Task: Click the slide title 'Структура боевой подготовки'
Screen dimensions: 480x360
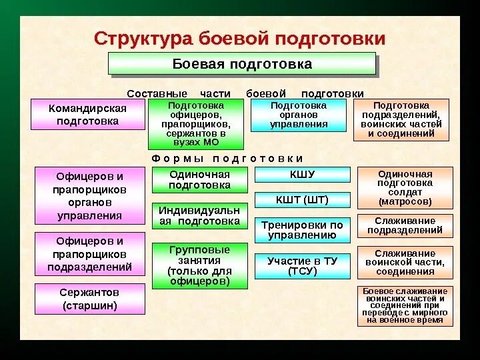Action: click(239, 37)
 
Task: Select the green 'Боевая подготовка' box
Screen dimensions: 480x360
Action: click(242, 64)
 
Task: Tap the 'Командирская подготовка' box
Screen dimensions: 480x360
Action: click(87, 115)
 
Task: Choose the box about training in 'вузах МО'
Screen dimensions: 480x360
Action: click(196, 124)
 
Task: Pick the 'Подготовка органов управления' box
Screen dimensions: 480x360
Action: click(298, 115)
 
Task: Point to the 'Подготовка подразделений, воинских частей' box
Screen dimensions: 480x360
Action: click(401, 119)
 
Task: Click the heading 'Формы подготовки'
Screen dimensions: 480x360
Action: click(227, 159)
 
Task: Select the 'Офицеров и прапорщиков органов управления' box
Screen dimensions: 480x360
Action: click(89, 195)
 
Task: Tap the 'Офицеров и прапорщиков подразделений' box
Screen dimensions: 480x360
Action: click(89, 254)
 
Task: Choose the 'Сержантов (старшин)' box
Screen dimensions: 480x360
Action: click(89, 299)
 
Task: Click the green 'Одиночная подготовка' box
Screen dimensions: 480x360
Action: click(199, 180)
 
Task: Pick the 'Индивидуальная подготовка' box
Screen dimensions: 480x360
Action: click(199, 216)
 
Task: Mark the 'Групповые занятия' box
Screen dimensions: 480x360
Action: click(199, 266)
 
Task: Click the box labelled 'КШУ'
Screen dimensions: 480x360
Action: click(302, 175)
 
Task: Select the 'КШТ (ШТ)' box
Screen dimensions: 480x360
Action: click(302, 199)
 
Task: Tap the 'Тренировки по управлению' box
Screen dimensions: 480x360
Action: click(302, 230)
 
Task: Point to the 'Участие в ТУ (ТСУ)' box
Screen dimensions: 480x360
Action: click(302, 266)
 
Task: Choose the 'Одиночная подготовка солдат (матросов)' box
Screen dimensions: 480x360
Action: click(405, 187)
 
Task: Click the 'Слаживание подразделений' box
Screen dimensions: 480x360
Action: click(405, 226)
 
